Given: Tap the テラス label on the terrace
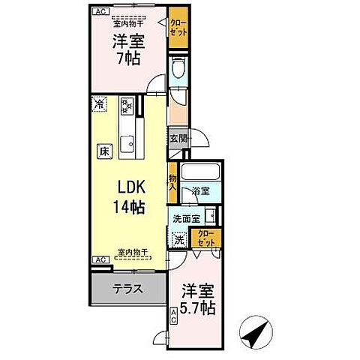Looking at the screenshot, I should click(127, 288).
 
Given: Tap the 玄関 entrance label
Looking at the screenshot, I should click(177, 138).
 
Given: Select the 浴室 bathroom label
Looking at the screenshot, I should click(199, 191).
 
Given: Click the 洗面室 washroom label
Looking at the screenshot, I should click(185, 219).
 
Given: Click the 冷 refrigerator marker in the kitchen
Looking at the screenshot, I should click(98, 104).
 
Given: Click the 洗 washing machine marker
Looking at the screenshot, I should click(178, 241).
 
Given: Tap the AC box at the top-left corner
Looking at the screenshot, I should click(100, 10).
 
